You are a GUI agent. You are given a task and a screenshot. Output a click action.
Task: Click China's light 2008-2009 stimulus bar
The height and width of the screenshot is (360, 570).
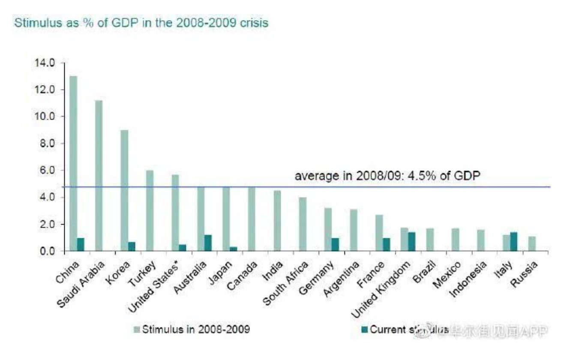(73, 163)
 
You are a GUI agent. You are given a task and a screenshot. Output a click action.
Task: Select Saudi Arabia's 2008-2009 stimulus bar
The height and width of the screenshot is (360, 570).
(99, 175)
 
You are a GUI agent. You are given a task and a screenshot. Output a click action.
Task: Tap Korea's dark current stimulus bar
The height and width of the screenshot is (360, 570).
(132, 246)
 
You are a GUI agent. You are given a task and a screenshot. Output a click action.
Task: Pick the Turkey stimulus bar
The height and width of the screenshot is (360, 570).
(150, 210)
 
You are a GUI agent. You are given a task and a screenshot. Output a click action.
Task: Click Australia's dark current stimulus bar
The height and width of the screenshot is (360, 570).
(208, 243)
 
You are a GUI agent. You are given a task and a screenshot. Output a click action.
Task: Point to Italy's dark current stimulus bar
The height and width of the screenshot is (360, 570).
(514, 241)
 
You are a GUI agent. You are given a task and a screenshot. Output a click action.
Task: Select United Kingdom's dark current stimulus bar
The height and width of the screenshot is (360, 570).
(412, 241)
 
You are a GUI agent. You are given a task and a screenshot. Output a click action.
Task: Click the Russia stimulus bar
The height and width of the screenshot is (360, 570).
(532, 243)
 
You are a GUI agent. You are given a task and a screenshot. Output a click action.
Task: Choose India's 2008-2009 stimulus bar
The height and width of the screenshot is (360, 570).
(277, 221)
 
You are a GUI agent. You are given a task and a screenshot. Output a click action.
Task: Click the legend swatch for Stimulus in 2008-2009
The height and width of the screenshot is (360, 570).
(137, 330)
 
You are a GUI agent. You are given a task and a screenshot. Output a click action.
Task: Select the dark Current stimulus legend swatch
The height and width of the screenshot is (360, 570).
(365, 330)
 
